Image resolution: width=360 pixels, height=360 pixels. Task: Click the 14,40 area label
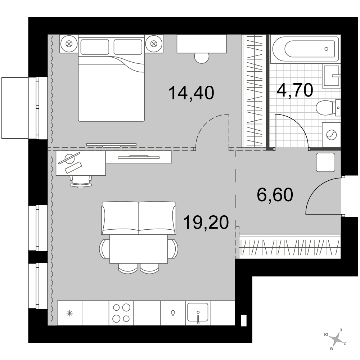(191, 93)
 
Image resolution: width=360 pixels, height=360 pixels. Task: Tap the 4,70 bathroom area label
(295, 90)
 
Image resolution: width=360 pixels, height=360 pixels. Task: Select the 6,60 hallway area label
(275, 195)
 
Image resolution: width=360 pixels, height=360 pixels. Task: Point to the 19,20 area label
(206, 222)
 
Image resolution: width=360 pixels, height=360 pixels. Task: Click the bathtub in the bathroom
(305, 49)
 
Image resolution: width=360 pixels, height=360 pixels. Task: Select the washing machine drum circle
(331, 135)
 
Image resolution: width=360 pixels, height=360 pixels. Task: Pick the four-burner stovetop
(121, 313)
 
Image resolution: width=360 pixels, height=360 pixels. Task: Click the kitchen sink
(198, 312)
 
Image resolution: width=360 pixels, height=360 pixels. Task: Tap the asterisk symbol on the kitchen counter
(69, 313)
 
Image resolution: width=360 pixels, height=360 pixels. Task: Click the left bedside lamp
(69, 44)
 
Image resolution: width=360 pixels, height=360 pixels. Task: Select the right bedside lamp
(154, 44)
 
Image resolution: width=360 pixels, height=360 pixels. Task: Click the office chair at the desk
(81, 181)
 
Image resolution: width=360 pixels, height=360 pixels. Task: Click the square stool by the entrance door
(325, 162)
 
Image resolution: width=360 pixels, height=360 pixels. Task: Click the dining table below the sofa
(139, 249)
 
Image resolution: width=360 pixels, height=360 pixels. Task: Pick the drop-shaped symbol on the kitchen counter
(173, 313)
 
